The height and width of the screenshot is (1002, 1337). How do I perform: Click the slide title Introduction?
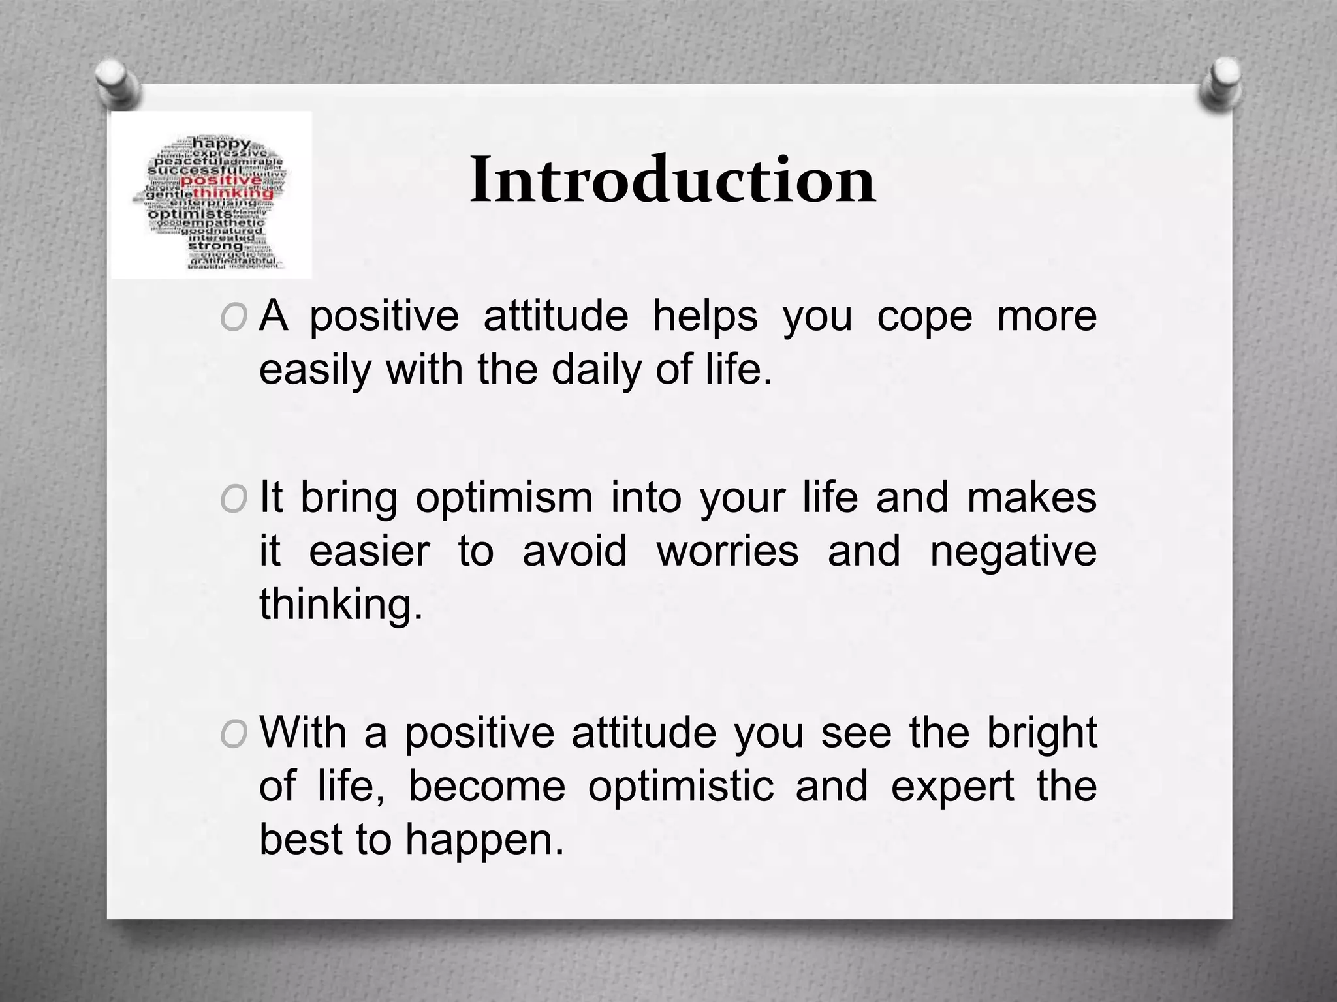tap(672, 179)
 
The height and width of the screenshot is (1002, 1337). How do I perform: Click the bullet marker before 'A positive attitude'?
tap(234, 318)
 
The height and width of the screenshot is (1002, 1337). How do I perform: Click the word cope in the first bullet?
tap(924, 317)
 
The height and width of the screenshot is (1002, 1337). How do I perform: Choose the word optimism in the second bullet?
tap(504, 498)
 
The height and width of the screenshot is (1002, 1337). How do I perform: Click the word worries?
tap(727, 551)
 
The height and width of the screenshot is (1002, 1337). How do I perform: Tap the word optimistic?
tap(680, 787)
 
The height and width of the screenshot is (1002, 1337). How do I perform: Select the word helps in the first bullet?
tap(706, 317)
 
